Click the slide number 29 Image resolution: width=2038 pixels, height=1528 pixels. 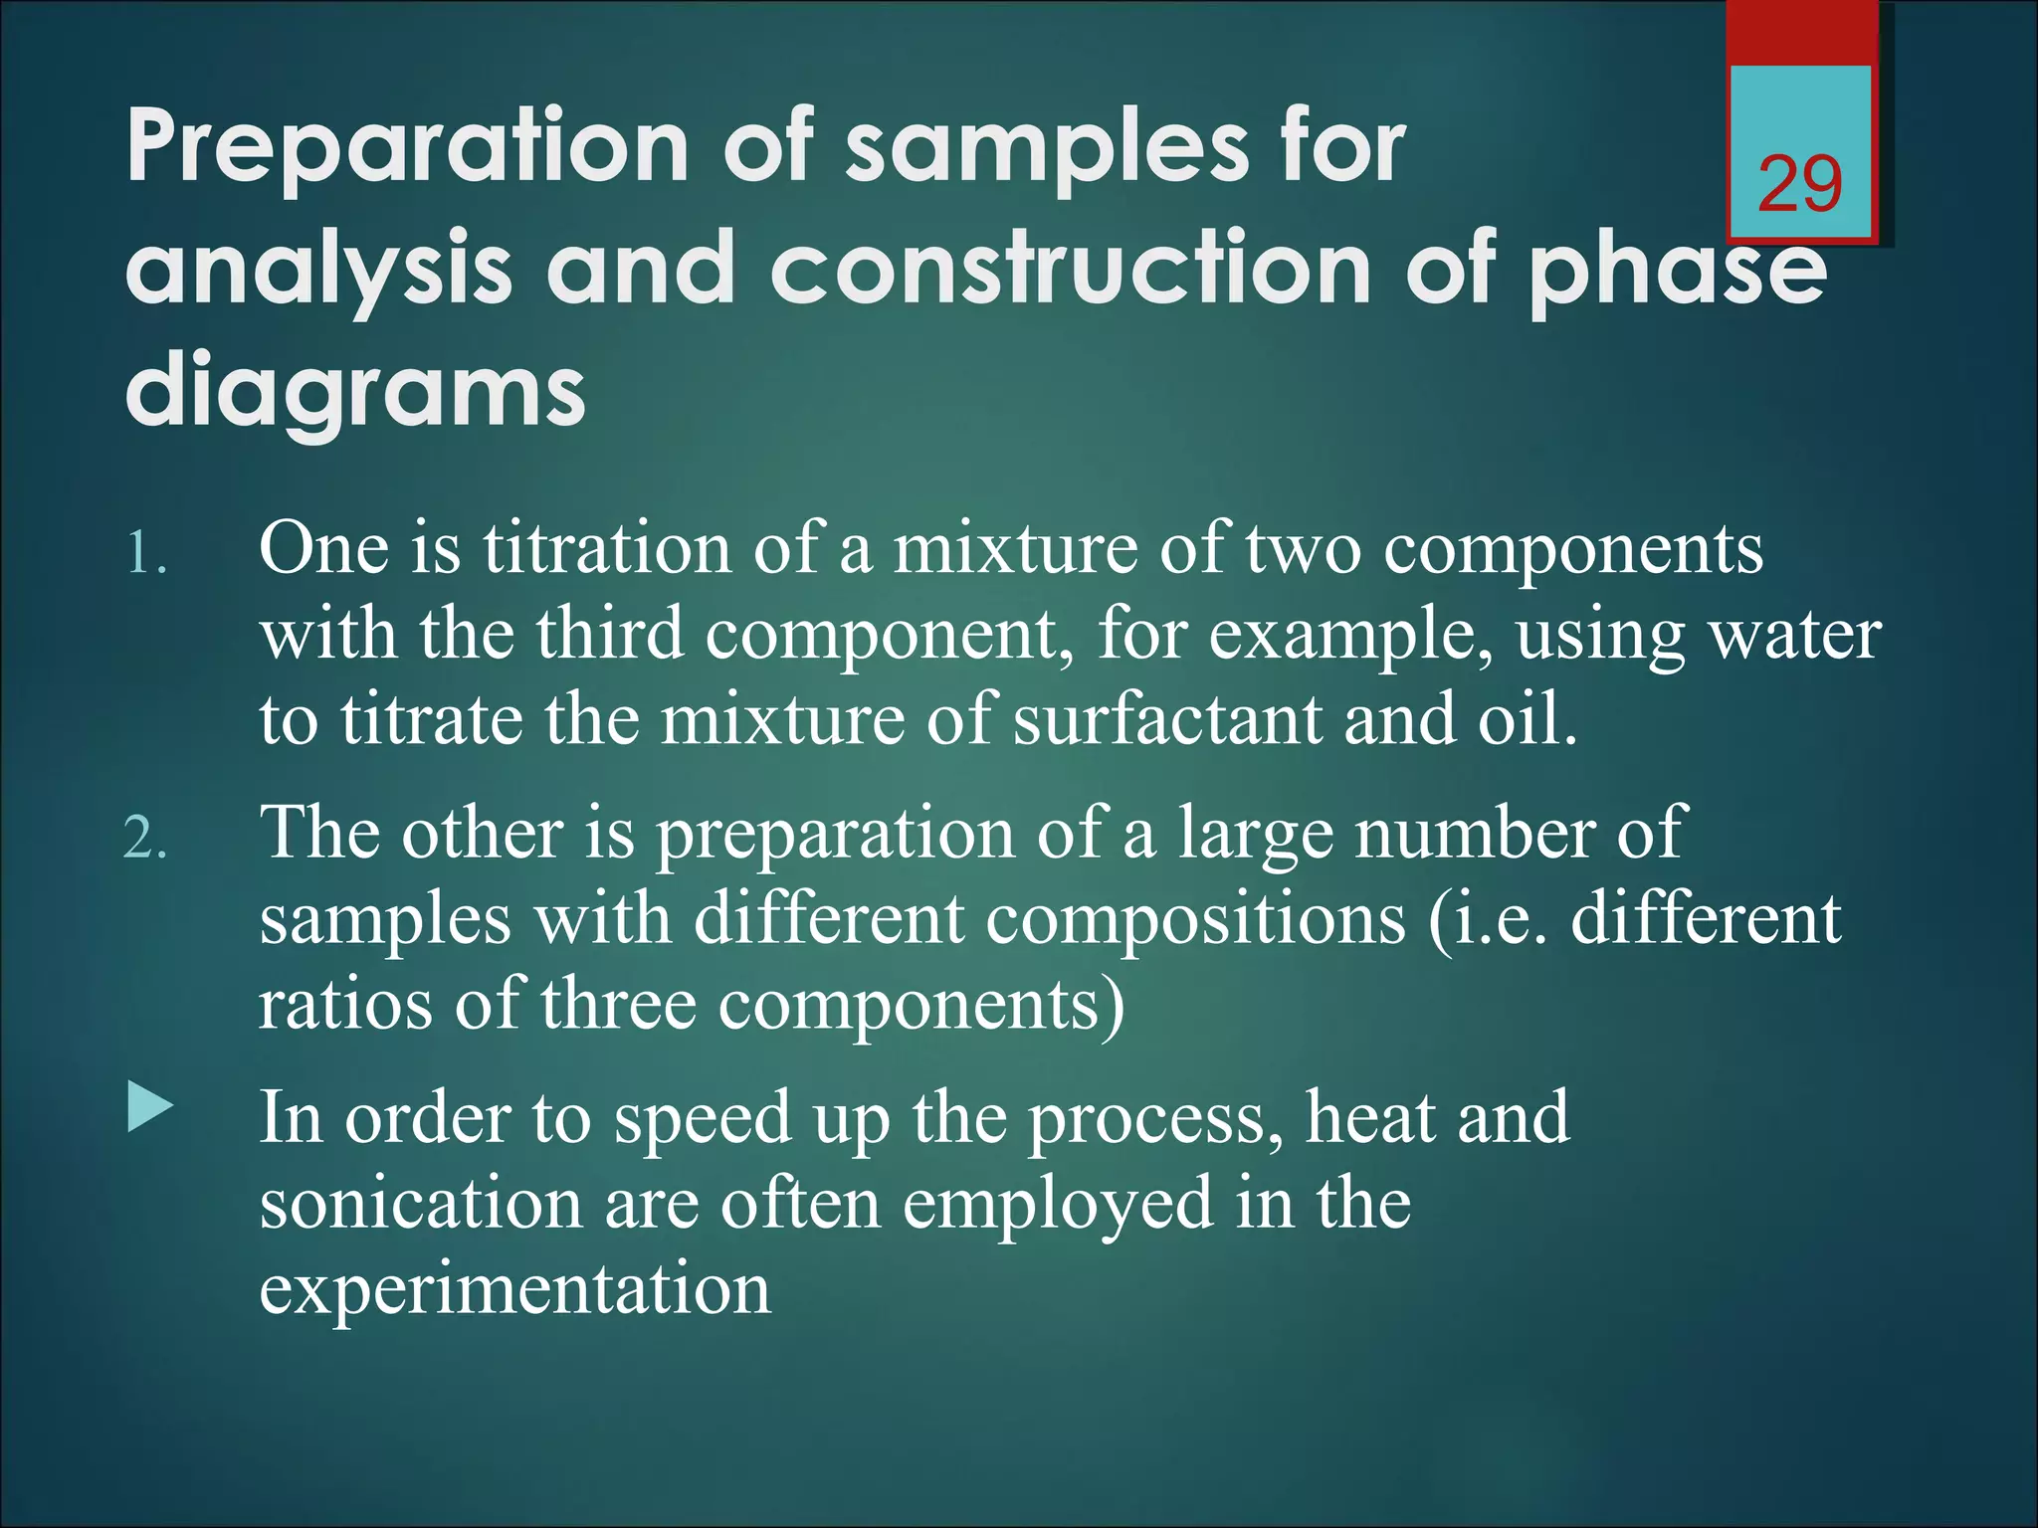tap(1800, 184)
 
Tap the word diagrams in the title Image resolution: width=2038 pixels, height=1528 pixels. tap(355, 392)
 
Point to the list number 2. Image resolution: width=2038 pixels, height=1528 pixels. tap(145, 841)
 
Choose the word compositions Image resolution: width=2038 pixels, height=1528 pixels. tap(1195, 919)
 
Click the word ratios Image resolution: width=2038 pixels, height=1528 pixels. tap(345, 1005)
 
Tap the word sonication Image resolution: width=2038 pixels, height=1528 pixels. tap(420, 1204)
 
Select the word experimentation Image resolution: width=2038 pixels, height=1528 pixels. tap(514, 1290)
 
